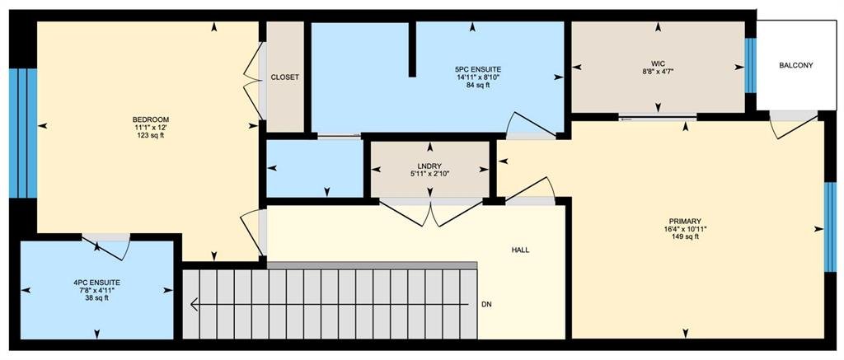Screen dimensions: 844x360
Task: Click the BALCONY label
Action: (795, 66)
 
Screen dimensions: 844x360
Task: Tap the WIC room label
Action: (658, 63)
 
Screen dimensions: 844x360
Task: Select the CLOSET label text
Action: (284, 77)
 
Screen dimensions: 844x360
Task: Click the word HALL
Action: (521, 250)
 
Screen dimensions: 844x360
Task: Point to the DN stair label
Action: (486, 304)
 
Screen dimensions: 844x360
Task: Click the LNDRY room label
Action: (430, 166)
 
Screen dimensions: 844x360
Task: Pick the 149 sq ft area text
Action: (685, 236)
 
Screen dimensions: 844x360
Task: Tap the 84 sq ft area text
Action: (478, 85)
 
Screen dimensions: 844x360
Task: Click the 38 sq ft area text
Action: (97, 298)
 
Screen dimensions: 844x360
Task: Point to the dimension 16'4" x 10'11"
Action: (685, 229)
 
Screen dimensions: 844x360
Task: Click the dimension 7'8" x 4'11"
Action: (97, 290)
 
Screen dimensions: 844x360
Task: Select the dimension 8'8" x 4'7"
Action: (658, 72)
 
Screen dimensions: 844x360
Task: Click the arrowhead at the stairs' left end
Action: (195, 305)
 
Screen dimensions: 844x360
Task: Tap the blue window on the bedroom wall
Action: (23, 133)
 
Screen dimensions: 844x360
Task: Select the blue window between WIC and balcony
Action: (750, 66)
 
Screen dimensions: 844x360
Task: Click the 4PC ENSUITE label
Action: (97, 282)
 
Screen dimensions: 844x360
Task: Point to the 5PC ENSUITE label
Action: (478, 69)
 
